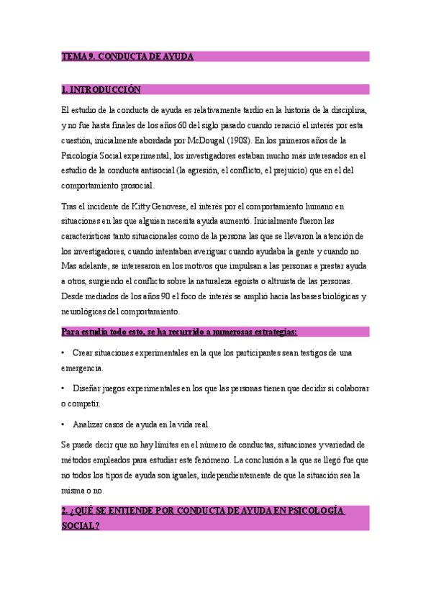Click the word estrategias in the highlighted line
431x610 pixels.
tap(271, 332)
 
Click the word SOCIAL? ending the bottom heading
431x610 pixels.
tap(81, 526)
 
